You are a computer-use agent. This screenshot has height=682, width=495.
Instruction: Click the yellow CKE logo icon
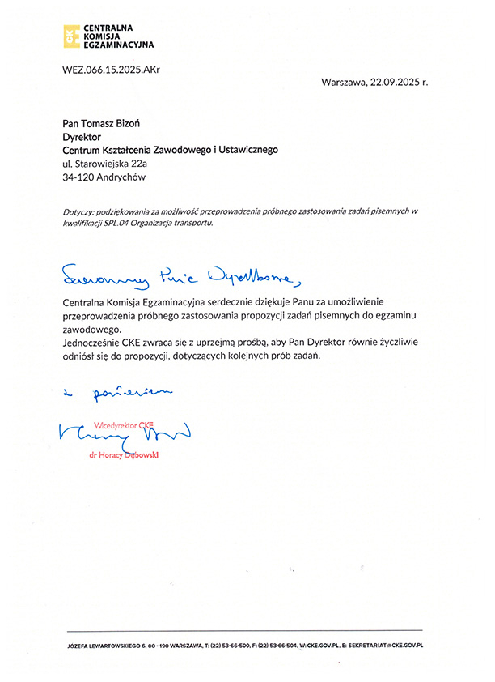(x=71, y=36)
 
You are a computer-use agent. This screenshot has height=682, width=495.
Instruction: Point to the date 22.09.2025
(x=396, y=82)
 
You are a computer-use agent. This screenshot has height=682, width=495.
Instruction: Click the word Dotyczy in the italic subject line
(x=78, y=211)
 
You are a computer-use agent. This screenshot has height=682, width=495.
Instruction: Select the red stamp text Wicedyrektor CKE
(x=124, y=424)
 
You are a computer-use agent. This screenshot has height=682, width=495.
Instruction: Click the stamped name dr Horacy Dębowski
(x=125, y=456)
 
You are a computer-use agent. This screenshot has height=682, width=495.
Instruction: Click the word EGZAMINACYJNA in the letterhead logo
(x=118, y=45)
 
